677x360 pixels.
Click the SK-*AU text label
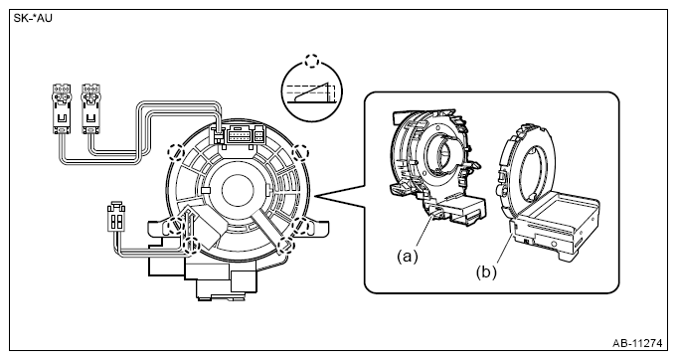(x=33, y=19)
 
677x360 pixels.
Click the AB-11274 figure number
(x=637, y=344)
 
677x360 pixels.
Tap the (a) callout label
(x=408, y=257)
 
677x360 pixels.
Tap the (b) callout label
(x=486, y=272)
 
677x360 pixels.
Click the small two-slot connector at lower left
(x=116, y=217)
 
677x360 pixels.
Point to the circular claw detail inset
(x=311, y=91)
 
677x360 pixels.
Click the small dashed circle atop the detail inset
(x=312, y=61)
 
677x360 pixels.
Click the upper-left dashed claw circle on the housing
(x=176, y=152)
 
